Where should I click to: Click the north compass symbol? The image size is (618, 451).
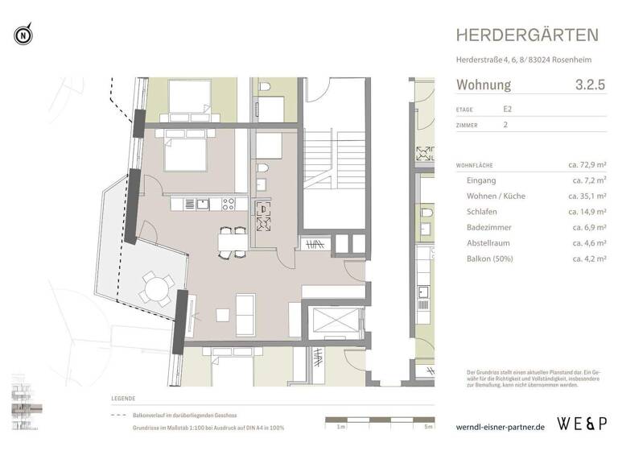pos(23,35)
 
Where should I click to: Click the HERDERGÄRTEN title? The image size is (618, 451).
pos(527,35)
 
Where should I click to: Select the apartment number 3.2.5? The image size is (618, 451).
pos(590,84)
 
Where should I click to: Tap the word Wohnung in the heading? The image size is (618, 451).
pos(484,84)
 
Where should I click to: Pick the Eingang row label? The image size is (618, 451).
pos(481,181)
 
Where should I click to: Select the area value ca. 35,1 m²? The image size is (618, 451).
pos(588,197)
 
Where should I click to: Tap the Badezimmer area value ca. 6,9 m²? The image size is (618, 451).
pos(588,227)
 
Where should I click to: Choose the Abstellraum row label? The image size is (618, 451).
pos(491,242)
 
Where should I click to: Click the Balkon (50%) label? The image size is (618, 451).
pos(489,259)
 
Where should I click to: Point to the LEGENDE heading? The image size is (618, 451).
pos(123,399)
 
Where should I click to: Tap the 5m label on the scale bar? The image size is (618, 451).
pos(430,427)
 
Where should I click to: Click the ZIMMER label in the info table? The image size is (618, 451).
pos(467,126)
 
